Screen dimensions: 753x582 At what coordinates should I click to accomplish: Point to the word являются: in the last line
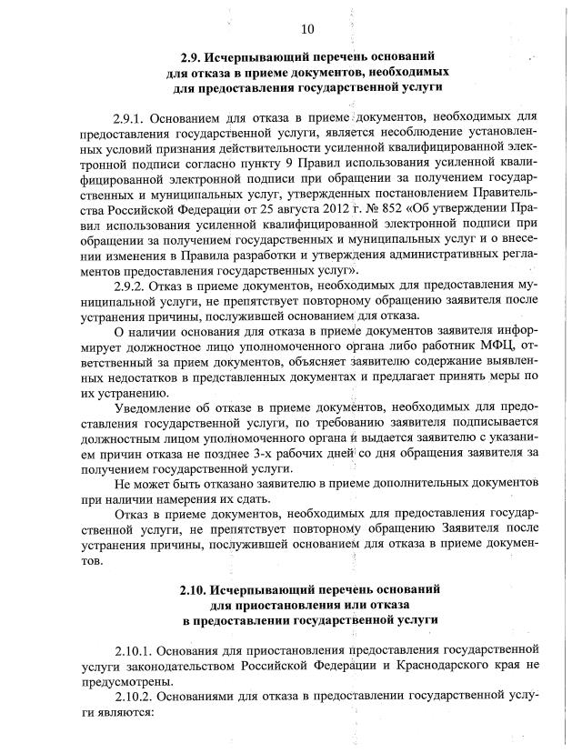(x=129, y=711)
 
